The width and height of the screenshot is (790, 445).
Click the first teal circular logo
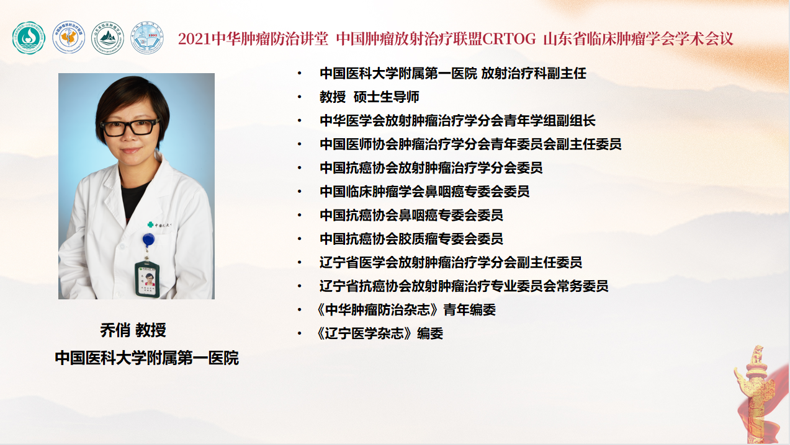(29, 38)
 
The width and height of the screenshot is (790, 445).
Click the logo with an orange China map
(68, 37)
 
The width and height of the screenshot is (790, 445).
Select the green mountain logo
(107, 38)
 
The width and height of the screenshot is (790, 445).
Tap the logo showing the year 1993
(147, 37)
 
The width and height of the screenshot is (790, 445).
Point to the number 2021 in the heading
(195, 39)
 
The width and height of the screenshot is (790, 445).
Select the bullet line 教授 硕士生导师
(369, 97)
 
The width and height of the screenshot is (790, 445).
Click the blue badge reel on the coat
(148, 240)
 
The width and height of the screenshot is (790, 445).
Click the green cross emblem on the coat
(150, 224)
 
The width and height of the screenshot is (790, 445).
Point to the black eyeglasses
(130, 128)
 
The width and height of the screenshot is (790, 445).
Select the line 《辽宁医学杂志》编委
(380, 333)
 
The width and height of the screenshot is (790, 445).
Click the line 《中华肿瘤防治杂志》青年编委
(406, 309)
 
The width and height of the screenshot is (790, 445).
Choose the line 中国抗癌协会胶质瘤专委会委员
(411, 239)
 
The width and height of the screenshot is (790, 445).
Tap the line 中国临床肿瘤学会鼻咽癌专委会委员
(424, 192)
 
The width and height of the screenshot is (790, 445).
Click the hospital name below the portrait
(146, 358)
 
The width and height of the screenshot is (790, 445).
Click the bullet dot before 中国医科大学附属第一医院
(299, 73)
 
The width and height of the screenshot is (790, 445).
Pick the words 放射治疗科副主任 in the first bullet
(534, 73)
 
